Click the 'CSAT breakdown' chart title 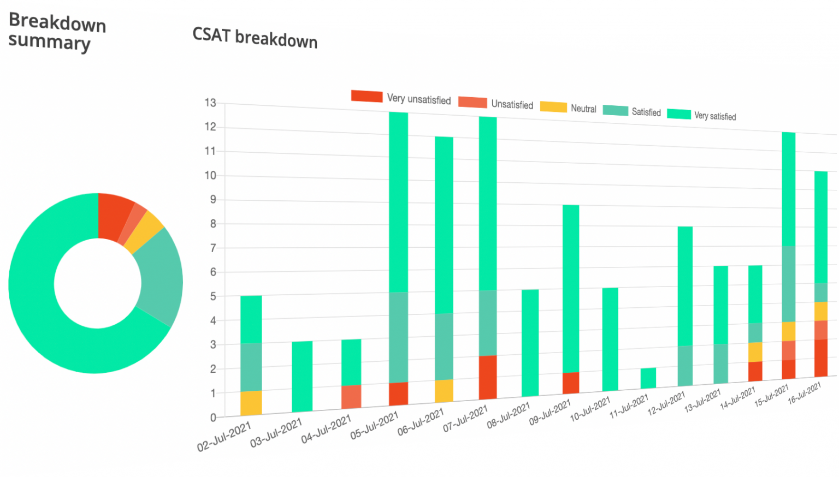[255, 38]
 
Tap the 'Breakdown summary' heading [57, 33]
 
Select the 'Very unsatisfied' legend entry [401, 98]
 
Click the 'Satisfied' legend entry [632, 111]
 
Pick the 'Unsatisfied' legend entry [495, 103]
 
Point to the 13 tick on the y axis [210, 103]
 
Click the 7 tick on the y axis [213, 248]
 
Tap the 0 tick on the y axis [213, 418]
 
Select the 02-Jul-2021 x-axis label [224, 436]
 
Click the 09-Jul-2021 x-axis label [550, 412]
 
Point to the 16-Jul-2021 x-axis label [805, 393]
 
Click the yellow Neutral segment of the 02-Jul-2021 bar [251, 403]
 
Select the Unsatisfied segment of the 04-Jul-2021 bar [351, 397]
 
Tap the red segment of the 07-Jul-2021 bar [488, 378]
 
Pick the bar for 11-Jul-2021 [648, 378]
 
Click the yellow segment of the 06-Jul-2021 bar [444, 391]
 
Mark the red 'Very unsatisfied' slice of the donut [113, 217]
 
